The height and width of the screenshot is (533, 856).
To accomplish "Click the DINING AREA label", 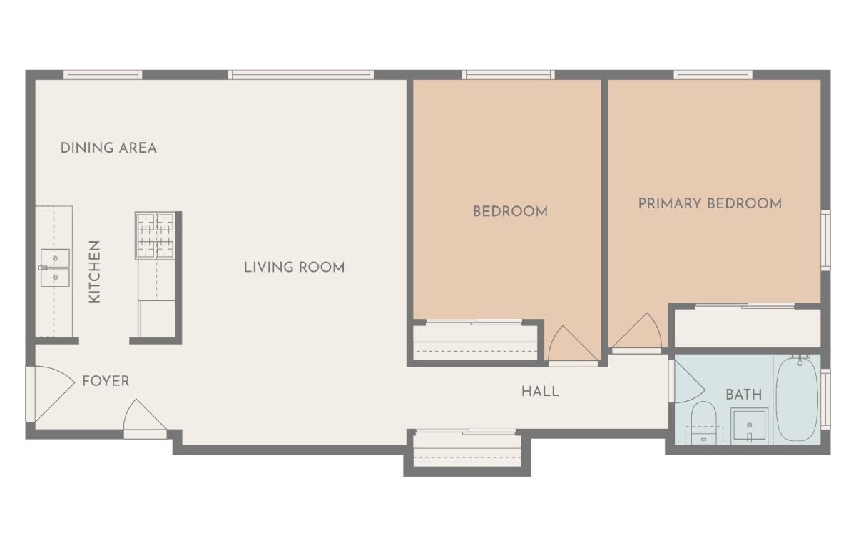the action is pos(108,148).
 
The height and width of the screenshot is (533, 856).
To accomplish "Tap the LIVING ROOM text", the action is pos(294,268).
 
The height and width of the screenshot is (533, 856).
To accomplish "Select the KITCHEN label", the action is pos(94,272).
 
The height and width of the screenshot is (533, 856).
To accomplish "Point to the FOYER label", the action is pos(106,381).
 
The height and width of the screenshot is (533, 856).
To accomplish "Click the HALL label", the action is pos(541,391).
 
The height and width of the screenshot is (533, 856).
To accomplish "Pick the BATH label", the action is pos(743,395).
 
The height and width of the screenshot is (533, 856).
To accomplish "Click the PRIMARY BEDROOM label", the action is pos(710,203).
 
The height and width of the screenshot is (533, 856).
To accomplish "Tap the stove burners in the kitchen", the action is pos(156,236).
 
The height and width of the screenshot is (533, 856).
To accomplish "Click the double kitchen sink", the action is pos(55,268).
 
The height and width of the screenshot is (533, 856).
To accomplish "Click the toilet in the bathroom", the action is pos(703,423).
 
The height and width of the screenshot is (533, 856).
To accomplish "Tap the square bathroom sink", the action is pos(749,425).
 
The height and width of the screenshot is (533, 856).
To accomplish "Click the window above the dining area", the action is pos(103,74).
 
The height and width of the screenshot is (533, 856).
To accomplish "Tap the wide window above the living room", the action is pos(301,74).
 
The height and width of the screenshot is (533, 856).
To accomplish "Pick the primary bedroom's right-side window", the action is pos(825,240).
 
